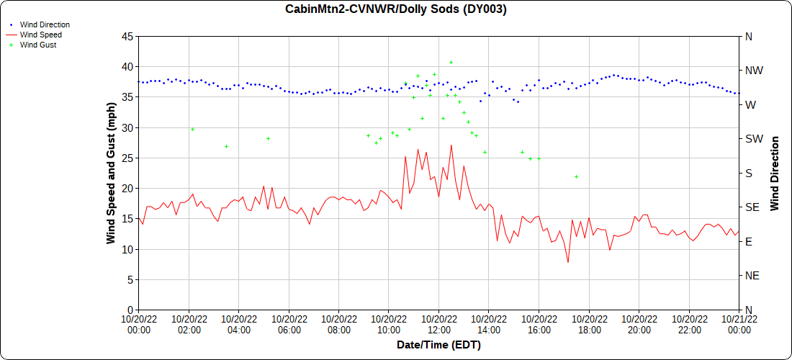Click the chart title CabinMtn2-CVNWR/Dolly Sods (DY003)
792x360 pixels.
(396, 9)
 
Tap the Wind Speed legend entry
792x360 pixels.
(40, 35)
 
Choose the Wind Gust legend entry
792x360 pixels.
(38, 45)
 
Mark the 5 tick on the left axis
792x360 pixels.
(130, 279)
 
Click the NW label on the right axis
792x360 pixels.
(753, 71)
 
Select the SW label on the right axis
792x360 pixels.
(753, 139)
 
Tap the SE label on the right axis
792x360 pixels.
(752, 207)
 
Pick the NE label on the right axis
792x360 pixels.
(752, 276)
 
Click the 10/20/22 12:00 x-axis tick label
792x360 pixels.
(438, 325)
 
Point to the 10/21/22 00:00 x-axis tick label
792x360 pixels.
(739, 325)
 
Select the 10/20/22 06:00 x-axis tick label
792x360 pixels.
(289, 325)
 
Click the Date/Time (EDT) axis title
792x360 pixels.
(438, 345)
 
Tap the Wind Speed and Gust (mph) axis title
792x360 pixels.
(111, 173)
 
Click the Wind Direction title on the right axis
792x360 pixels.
(775, 173)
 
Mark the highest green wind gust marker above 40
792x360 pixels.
(451, 62)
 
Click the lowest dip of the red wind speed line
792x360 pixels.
(568, 262)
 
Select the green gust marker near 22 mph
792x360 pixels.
(576, 176)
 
